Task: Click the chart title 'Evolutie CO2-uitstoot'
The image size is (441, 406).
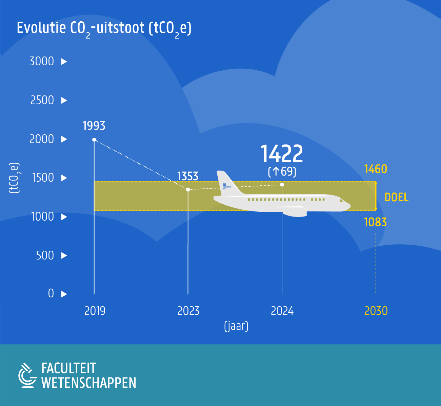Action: tap(104, 28)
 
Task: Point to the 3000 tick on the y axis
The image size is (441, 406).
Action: tap(42, 61)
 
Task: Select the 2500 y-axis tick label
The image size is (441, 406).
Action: tap(42, 100)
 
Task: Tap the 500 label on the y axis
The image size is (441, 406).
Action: tap(45, 255)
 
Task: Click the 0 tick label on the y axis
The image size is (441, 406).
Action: tap(51, 293)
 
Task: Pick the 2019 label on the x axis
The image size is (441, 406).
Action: tap(95, 311)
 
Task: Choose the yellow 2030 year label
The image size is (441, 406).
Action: tap(376, 311)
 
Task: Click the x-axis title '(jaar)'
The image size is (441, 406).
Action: tap(236, 326)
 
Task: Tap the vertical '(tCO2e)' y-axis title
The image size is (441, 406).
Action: tap(14, 178)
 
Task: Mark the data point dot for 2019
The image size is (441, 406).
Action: tap(94, 139)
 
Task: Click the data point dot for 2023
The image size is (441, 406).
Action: tap(188, 189)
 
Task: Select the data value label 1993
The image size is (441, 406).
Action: tap(94, 126)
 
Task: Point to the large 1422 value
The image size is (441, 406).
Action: tap(281, 154)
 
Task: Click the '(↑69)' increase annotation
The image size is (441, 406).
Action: tap(282, 172)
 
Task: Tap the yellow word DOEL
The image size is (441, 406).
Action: tap(396, 197)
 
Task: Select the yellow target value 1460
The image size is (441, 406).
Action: tap(376, 169)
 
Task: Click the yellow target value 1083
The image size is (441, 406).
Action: tap(375, 222)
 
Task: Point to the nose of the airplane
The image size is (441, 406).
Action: tap(348, 206)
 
